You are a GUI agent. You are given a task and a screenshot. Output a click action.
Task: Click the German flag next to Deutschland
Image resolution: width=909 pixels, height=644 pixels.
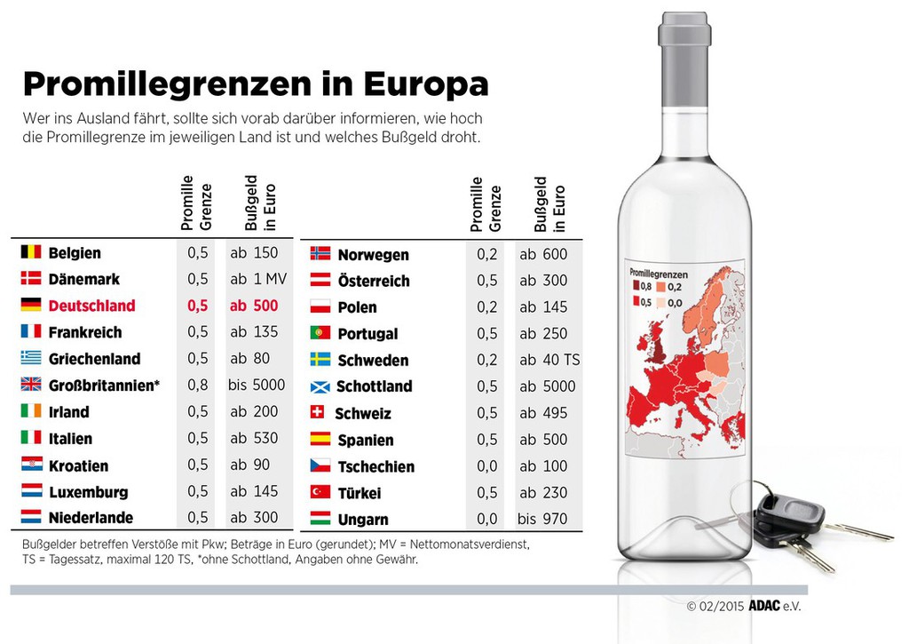point(31,305)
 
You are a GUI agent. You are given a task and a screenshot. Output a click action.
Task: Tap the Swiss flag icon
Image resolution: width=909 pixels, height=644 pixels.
point(317,412)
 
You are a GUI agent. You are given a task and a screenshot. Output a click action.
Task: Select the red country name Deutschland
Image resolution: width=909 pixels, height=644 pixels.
point(91,306)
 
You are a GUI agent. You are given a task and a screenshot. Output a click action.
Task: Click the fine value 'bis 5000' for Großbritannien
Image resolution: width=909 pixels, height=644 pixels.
point(257,385)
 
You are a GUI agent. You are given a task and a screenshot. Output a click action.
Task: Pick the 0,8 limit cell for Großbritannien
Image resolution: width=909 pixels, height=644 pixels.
point(198,385)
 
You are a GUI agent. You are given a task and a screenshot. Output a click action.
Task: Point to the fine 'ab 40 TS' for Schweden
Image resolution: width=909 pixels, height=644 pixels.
point(549,361)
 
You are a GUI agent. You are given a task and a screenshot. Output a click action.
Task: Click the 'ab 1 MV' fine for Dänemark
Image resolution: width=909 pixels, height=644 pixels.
point(258,279)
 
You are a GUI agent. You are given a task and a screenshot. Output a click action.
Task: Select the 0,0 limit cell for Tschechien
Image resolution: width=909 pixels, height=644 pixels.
point(487,466)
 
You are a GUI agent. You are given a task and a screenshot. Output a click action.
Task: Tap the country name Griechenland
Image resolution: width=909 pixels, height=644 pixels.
point(94,359)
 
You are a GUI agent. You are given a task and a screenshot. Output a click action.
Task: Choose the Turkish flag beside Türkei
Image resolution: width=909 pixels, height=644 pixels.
point(320,492)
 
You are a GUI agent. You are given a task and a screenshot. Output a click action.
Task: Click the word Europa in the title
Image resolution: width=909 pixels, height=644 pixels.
point(426,84)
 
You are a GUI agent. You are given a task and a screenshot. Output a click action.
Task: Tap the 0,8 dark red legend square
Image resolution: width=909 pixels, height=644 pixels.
point(636,286)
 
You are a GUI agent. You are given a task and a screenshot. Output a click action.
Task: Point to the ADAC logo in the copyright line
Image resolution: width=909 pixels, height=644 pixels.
point(764,606)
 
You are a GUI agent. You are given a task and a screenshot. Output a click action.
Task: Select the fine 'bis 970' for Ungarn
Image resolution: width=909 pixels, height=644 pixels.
point(542,519)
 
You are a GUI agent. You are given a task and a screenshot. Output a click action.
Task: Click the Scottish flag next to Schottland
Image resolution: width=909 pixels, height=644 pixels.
point(320,386)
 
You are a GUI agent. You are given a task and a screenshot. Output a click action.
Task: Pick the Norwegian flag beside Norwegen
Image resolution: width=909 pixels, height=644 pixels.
point(320,253)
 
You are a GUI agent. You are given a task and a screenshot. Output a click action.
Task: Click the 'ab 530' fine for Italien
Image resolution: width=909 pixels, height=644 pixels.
point(254,438)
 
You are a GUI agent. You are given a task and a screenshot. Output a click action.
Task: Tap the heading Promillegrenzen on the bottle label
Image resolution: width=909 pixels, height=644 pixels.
point(659,274)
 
